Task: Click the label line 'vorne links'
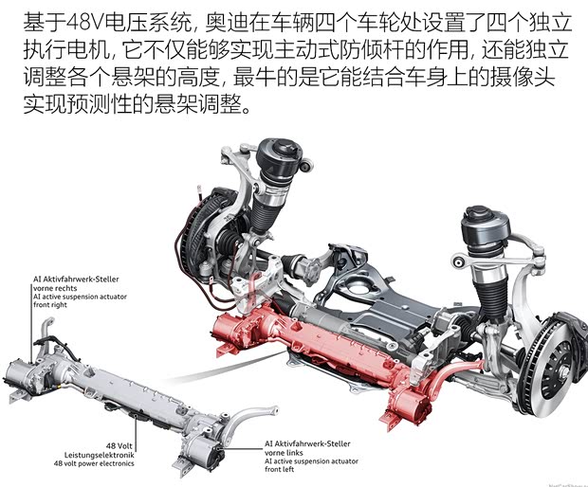click(x=285, y=452)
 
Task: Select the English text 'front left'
click(x=282, y=471)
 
